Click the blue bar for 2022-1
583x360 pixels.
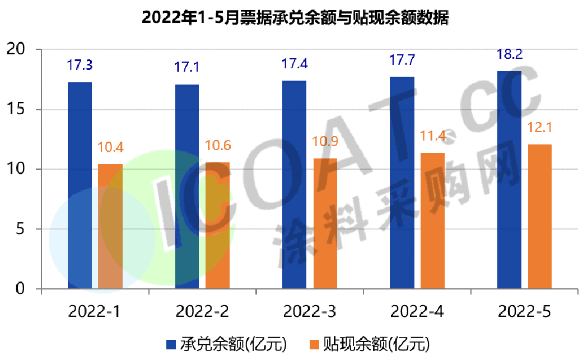tap(80, 185)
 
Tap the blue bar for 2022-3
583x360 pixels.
tap(294, 185)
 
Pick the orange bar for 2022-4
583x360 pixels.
tap(432, 221)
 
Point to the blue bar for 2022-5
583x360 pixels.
tap(509, 180)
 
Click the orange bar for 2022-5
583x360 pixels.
tap(540, 217)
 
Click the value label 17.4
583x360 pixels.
tap(294, 64)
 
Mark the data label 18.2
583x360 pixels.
tap(509, 55)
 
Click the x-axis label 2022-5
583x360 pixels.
tap(524, 312)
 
